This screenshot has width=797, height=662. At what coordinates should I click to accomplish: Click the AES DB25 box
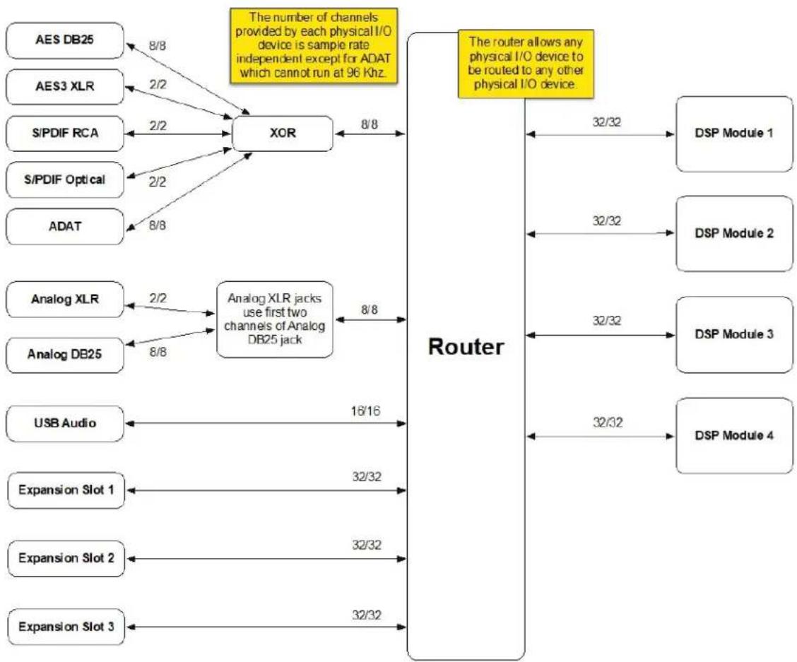point(64,40)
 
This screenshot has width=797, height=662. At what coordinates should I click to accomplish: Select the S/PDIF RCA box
point(64,134)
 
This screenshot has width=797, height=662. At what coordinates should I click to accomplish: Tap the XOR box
point(283,134)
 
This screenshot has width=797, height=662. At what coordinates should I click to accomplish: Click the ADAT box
point(64,226)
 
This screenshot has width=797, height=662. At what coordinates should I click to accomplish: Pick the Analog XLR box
point(64,299)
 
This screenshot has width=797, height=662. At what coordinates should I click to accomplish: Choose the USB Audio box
point(64,423)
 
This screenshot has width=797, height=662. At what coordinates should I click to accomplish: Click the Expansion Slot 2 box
point(66,558)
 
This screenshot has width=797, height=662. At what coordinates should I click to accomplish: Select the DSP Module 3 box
point(734,335)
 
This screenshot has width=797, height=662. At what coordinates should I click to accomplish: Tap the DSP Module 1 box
point(734,134)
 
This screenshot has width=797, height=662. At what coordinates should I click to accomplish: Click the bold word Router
point(466,347)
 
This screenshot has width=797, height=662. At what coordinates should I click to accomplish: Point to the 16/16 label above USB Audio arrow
point(365,410)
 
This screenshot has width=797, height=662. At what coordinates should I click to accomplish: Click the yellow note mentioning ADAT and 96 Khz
point(314,45)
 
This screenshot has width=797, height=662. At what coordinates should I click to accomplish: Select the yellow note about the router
point(526,64)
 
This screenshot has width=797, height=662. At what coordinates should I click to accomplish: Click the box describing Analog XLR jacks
point(274,319)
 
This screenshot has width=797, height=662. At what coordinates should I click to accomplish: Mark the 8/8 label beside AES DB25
point(158,46)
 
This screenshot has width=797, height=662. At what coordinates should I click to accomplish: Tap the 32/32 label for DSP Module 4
point(608,422)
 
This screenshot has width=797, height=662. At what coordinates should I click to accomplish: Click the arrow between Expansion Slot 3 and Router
point(266,627)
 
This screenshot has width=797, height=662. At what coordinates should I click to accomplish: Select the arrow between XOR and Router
point(370,134)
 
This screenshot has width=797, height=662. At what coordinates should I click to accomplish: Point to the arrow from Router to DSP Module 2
point(601,233)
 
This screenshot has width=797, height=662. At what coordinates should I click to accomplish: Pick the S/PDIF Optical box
point(64,179)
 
